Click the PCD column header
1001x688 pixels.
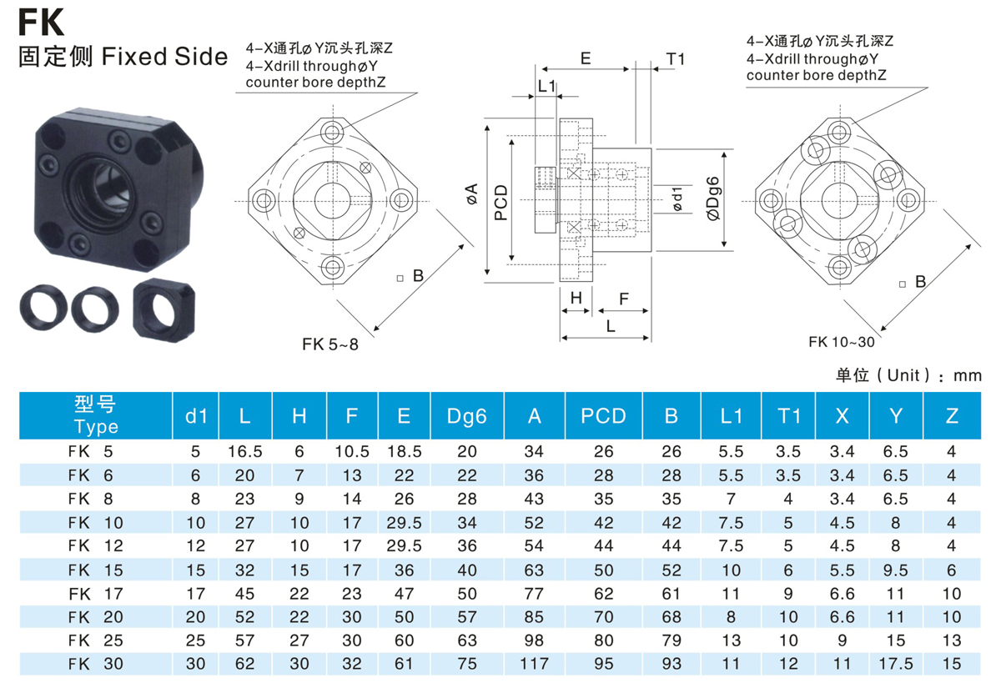pyautogui.click(x=603, y=416)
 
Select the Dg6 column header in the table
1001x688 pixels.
pyautogui.click(x=466, y=416)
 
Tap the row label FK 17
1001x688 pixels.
pyautogui.click(x=96, y=594)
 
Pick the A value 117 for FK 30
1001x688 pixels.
pyautogui.click(x=534, y=664)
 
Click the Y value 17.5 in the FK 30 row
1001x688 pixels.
pyautogui.click(x=896, y=664)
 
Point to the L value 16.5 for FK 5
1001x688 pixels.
pyautogui.click(x=245, y=452)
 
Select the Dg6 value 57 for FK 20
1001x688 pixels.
pyautogui.click(x=466, y=617)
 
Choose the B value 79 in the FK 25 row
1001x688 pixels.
pyautogui.click(x=672, y=640)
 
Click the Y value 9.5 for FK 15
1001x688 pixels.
pyautogui.click(x=896, y=570)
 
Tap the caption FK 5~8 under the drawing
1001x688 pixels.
pyautogui.click(x=330, y=344)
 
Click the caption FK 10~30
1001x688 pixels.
pyautogui.click(x=842, y=342)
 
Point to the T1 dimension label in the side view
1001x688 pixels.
pyautogui.click(x=675, y=59)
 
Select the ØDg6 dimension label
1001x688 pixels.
pyautogui.click(x=714, y=198)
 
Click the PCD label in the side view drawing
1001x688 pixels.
pyautogui.click(x=501, y=203)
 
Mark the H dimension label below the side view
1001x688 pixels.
pyautogui.click(x=576, y=298)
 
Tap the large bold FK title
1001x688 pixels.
pyautogui.click(x=41, y=23)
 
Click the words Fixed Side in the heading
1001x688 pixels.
pyautogui.click(x=165, y=57)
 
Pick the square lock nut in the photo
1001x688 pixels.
pyautogui.click(x=164, y=310)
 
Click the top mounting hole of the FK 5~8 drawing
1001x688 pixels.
pyautogui.click(x=332, y=133)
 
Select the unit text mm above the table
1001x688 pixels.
pyautogui.click(x=968, y=376)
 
